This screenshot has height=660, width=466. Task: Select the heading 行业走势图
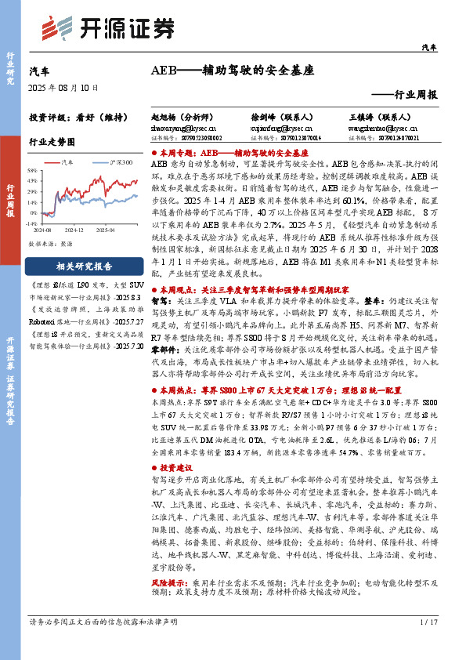(x=52, y=143)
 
